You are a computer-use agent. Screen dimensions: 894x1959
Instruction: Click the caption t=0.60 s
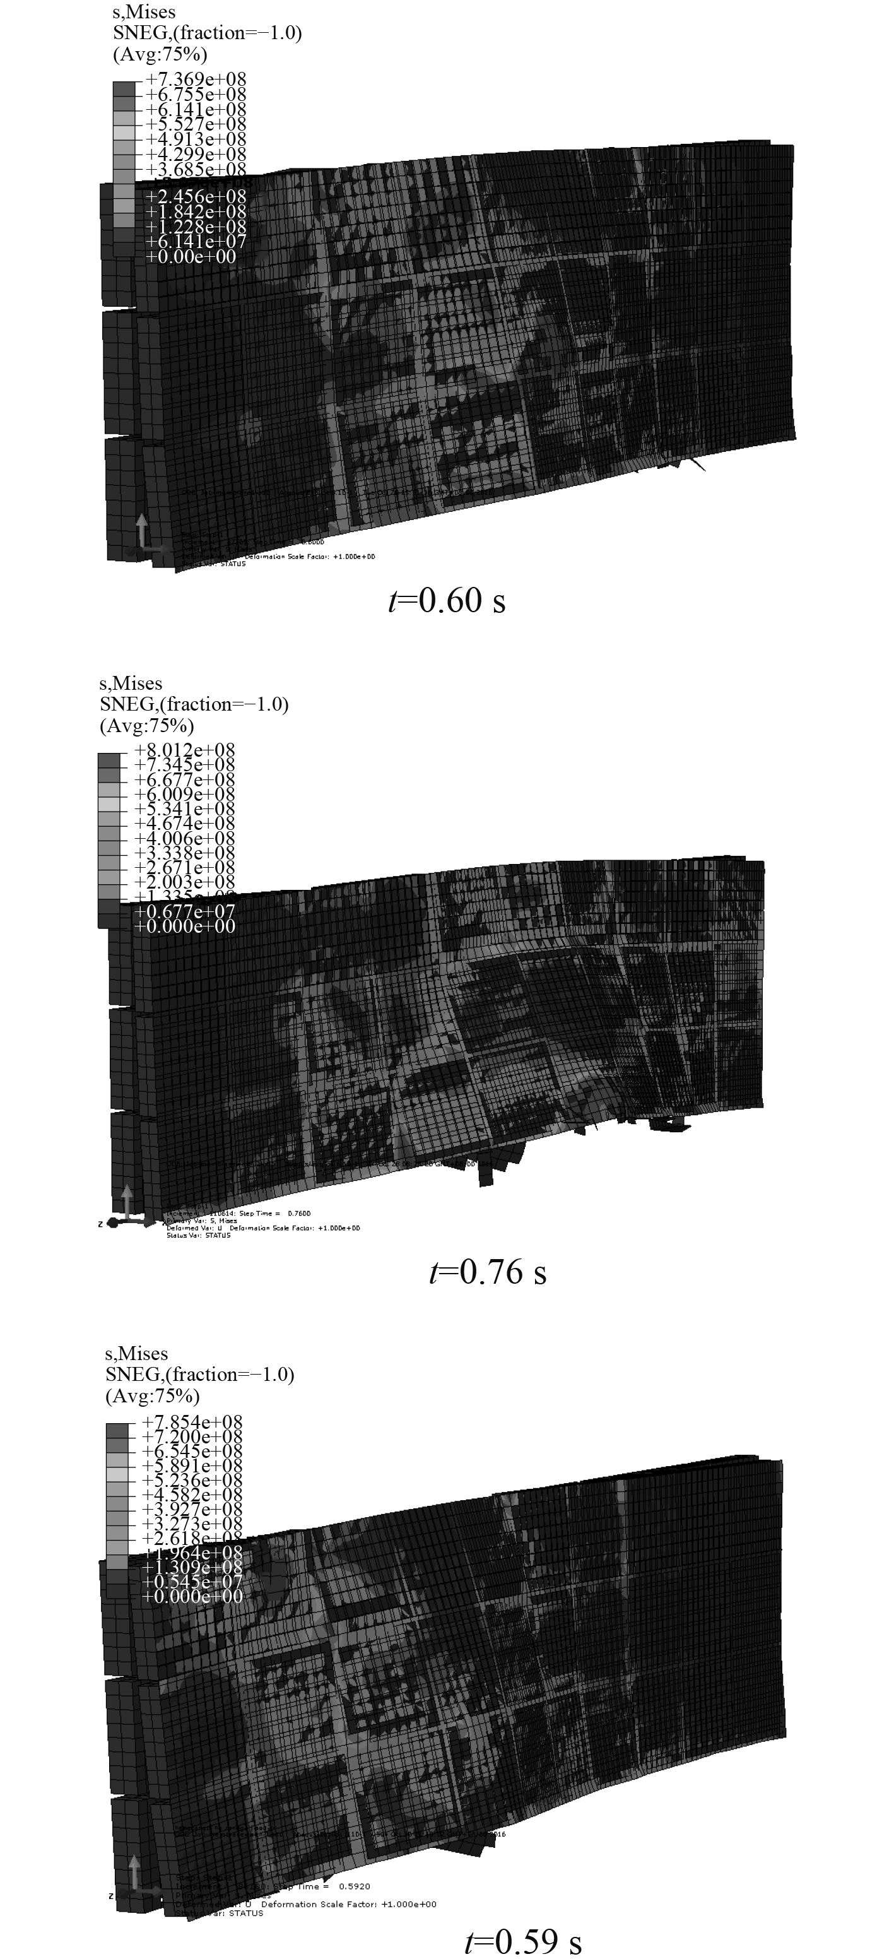tap(446, 601)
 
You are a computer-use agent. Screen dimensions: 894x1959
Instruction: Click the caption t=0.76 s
tap(487, 1272)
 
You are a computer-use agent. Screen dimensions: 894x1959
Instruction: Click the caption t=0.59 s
tap(523, 1941)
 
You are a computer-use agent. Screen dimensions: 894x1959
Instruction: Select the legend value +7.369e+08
tap(196, 79)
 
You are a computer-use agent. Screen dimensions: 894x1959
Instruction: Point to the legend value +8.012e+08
tap(184, 750)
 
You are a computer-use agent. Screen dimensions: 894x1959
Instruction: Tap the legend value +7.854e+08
tap(192, 1421)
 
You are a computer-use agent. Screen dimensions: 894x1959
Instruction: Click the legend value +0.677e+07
tap(184, 911)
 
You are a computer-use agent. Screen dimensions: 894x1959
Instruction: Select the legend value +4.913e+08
tap(196, 139)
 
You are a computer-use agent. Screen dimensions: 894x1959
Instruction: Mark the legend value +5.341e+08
tap(184, 809)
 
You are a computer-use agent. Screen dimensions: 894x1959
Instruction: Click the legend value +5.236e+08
tap(192, 1480)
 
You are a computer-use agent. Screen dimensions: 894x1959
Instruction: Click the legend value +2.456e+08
tap(196, 197)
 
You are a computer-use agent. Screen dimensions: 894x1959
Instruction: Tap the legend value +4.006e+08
tap(184, 838)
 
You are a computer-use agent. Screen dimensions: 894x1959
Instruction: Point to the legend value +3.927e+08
tap(192, 1509)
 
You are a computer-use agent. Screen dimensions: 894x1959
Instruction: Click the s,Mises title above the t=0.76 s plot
tap(131, 683)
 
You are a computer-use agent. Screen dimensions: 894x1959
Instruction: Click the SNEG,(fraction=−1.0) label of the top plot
tap(207, 33)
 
